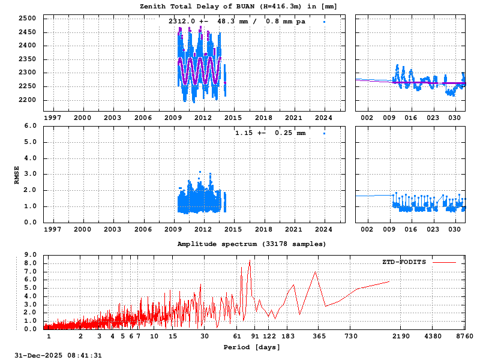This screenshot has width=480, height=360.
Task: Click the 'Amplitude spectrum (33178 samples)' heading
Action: pyautogui.click(x=252, y=244)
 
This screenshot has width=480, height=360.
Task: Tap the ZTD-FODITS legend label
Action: pyautogui.click(x=404, y=262)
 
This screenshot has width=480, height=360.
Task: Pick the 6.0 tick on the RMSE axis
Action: pyautogui.click(x=32, y=126)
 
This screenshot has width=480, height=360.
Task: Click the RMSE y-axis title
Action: pyautogui.click(x=17, y=174)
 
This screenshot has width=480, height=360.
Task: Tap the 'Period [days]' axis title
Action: pyautogui.click(x=252, y=347)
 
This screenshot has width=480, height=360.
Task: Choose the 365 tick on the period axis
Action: pyautogui.click(x=320, y=336)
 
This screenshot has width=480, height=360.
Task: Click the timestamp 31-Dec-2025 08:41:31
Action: pyautogui.click(x=58, y=356)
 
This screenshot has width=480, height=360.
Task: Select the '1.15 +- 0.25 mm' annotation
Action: pyautogui.click(x=270, y=133)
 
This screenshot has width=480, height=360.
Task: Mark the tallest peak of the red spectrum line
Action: pyautogui.click(x=250, y=260)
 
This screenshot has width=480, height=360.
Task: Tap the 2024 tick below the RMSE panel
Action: pyautogui.click(x=324, y=229)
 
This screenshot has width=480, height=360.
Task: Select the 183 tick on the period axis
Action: pyautogui.click(x=287, y=336)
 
